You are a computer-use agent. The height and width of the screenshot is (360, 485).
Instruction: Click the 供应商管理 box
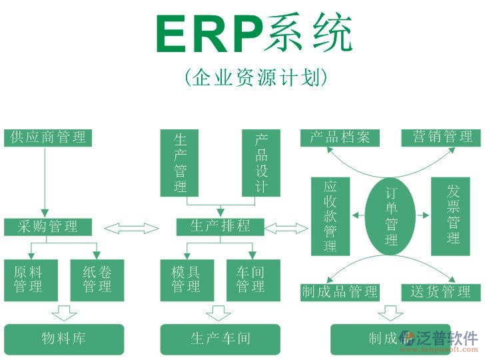pyautogui.click(x=48, y=138)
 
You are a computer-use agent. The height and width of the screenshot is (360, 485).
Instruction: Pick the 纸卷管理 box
pyautogui.click(x=97, y=280)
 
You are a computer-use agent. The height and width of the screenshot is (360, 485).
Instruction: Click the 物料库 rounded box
pyautogui.click(x=64, y=339)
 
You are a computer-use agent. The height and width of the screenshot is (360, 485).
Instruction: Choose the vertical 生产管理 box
pyautogui.click(x=181, y=163)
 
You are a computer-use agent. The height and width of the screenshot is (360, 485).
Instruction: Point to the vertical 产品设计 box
pyautogui.click(x=261, y=163)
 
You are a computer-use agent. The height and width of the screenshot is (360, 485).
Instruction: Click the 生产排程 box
pyautogui.click(x=221, y=227)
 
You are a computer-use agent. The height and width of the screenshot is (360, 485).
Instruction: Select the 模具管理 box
pyautogui.click(x=187, y=280)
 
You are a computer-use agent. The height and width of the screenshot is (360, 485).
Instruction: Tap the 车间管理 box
pyautogui.click(x=251, y=280)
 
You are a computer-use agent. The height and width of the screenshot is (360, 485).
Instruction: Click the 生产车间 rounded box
pyautogui.click(x=221, y=339)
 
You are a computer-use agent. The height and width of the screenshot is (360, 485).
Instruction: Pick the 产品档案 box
pyautogui.click(x=340, y=138)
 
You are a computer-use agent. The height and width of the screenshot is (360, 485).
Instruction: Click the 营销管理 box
pyautogui.click(x=441, y=138)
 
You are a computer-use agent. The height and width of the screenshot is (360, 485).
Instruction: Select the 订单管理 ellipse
pyautogui.click(x=391, y=216)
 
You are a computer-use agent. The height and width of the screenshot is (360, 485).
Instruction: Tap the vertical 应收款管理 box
pyautogui.click(x=330, y=216)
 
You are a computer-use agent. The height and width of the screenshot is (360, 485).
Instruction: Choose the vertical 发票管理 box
pyautogui.click(x=454, y=216)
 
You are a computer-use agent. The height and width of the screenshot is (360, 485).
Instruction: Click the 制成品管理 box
pyautogui.click(x=340, y=292)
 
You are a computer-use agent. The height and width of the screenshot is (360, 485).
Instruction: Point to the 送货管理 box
pyautogui.click(x=441, y=292)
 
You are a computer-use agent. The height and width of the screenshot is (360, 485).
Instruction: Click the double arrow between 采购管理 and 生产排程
pyautogui.click(x=132, y=229)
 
